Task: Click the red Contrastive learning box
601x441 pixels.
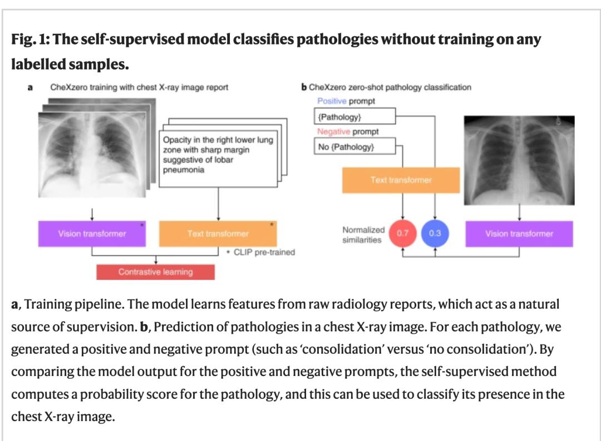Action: click(155, 272)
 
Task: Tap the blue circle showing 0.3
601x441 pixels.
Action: click(435, 234)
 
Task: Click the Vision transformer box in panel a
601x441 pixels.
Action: click(92, 234)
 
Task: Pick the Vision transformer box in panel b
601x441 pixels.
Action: click(519, 234)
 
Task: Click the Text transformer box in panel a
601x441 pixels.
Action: click(218, 234)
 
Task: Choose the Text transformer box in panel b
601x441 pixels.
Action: click(401, 180)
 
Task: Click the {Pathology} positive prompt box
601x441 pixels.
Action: click(355, 116)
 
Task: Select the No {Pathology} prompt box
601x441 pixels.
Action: click(355, 147)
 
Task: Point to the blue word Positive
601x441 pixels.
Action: click(332, 101)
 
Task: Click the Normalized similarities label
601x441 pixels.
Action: click(363, 235)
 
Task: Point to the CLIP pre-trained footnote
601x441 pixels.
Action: click(260, 252)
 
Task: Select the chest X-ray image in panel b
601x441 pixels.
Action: click(519, 161)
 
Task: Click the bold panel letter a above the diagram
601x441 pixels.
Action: click(30, 87)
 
